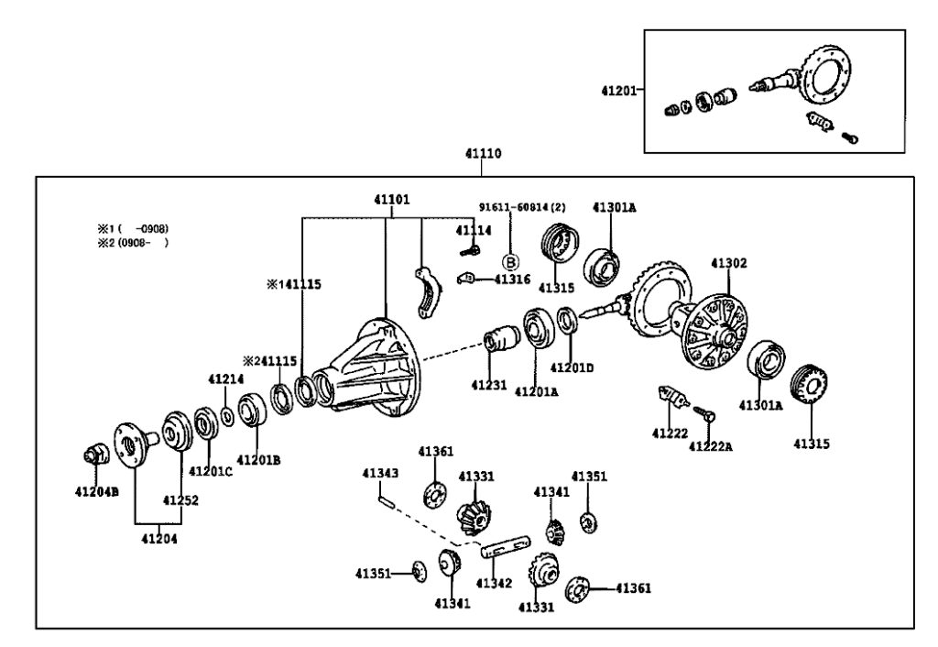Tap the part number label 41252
point(181,500)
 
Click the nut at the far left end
point(93,454)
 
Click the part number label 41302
point(729,263)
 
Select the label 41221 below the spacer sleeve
point(489,386)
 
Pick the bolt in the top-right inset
point(818,121)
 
